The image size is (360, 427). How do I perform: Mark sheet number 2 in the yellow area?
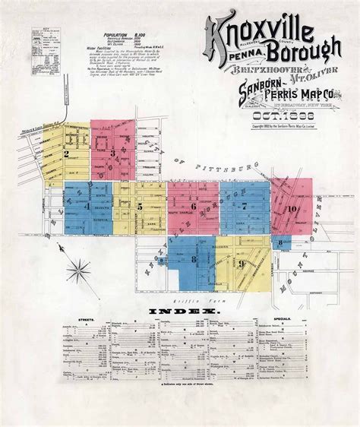(x=68, y=153)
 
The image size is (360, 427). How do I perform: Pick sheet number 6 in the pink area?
(x=194, y=206)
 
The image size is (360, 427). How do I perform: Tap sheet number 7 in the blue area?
(x=243, y=205)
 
